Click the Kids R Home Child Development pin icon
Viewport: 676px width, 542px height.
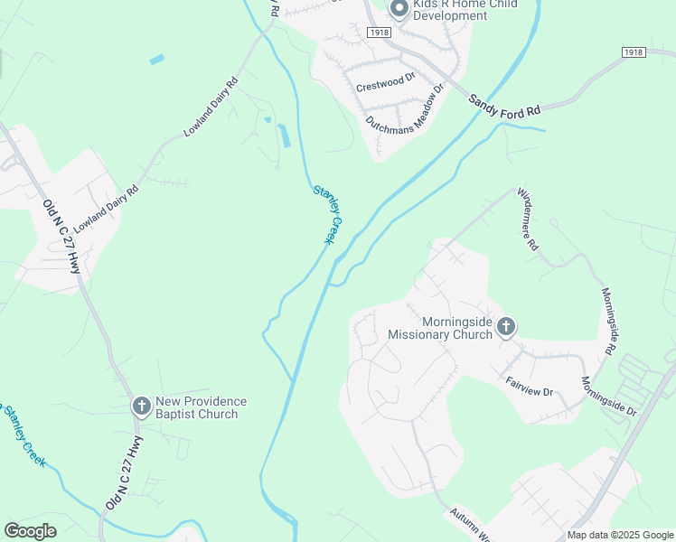399,9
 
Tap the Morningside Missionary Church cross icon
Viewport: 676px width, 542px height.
506,327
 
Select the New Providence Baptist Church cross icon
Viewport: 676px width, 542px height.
142,406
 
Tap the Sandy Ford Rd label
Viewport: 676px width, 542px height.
503,101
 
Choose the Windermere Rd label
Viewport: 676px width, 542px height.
528,220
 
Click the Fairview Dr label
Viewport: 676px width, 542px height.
529,386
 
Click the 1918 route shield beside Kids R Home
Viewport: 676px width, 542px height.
380,32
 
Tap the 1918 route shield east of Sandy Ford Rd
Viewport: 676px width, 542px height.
634,52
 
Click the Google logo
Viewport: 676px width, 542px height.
30,531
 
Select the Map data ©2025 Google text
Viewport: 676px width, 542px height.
620,535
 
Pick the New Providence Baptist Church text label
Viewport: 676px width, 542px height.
201,407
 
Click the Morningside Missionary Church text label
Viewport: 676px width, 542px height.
440,328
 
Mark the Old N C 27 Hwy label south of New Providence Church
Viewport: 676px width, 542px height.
125,473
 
